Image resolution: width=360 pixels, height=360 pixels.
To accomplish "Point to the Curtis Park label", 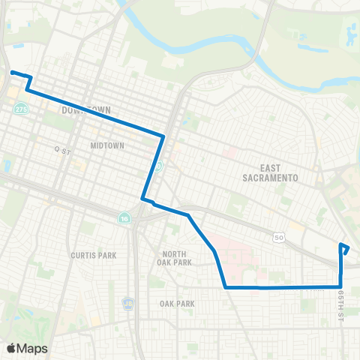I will point(94,255).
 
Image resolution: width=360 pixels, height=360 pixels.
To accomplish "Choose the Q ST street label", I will point(61,149).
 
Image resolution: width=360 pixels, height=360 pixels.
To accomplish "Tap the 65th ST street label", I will point(340,298).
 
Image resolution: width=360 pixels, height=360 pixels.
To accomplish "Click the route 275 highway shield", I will point(18,109).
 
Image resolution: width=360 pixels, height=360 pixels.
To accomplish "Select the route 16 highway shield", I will point(123,218).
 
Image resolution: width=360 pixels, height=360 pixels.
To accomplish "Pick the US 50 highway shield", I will point(279,237).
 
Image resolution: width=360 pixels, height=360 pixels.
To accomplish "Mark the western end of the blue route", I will point(12,73).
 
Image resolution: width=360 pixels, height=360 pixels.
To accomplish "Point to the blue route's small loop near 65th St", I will point(344,248).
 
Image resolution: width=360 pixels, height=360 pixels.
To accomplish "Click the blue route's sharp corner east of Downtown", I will point(163,136).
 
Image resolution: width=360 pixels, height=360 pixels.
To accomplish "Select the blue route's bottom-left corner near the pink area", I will point(226,286).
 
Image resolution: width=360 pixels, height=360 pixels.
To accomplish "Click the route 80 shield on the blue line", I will point(158,166).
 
